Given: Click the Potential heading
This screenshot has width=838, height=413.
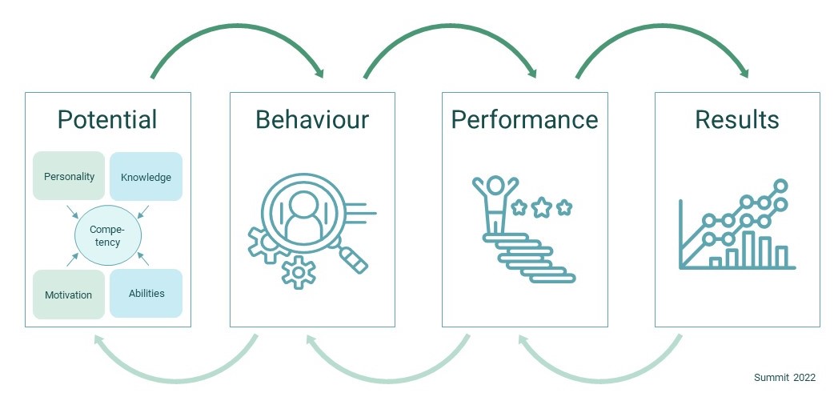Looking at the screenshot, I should click(107, 120).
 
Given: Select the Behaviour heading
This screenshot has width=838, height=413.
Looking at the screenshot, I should click(312, 120).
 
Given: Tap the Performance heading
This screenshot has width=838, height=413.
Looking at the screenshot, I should click(524, 120).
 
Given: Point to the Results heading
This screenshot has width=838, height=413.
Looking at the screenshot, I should click(736, 120).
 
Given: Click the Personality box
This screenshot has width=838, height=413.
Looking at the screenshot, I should click(69, 176).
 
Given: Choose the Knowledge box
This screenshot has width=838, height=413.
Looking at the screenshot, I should click(146, 176).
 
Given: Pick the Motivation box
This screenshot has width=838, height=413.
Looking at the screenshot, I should click(69, 295).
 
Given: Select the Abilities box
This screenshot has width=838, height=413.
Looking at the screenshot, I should click(146, 293).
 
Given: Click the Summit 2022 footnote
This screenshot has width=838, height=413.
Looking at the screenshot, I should click(784, 378).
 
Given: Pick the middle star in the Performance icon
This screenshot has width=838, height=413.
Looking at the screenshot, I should click(542, 209).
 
